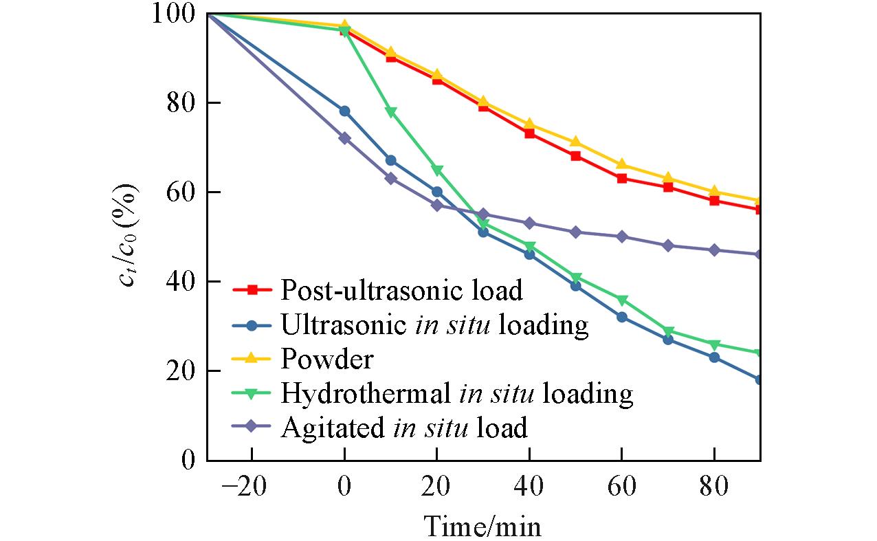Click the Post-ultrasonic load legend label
[x=401, y=290]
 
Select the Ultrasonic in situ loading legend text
[x=434, y=324]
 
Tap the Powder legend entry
[x=327, y=359]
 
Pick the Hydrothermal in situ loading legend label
[x=456, y=393]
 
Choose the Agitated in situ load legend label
[x=404, y=428]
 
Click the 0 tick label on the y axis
[x=188, y=460]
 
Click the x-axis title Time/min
[x=482, y=526]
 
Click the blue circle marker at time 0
[x=344, y=111]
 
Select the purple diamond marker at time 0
[x=344, y=138]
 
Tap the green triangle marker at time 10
[x=390, y=112]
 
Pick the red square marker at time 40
[x=529, y=133]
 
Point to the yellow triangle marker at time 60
[x=621, y=164]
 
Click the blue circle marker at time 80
[x=714, y=357]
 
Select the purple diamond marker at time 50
[x=575, y=232]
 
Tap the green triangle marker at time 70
[x=667, y=331]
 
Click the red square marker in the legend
[x=252, y=290]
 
